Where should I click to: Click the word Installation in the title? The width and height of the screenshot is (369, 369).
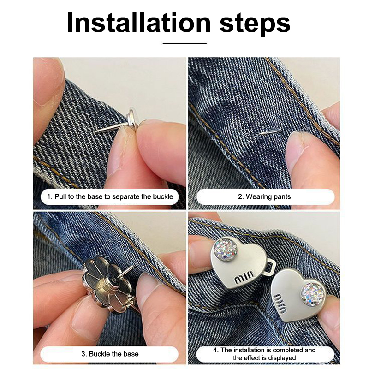[x=139, y=23]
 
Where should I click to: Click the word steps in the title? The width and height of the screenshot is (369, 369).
[x=255, y=23]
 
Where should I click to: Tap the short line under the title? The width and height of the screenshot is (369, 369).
[x=185, y=43]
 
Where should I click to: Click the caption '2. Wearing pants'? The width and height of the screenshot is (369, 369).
[x=264, y=197]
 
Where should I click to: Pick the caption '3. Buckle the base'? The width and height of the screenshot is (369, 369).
[x=110, y=354]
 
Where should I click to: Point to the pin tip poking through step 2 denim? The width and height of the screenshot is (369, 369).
[x=269, y=132]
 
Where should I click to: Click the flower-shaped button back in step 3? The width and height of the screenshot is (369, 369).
[x=107, y=285]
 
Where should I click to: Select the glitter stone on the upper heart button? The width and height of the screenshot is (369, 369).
[x=226, y=250]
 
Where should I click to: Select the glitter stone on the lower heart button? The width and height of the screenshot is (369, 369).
[x=313, y=294]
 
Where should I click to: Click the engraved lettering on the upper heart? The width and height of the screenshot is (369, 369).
[x=244, y=277]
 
